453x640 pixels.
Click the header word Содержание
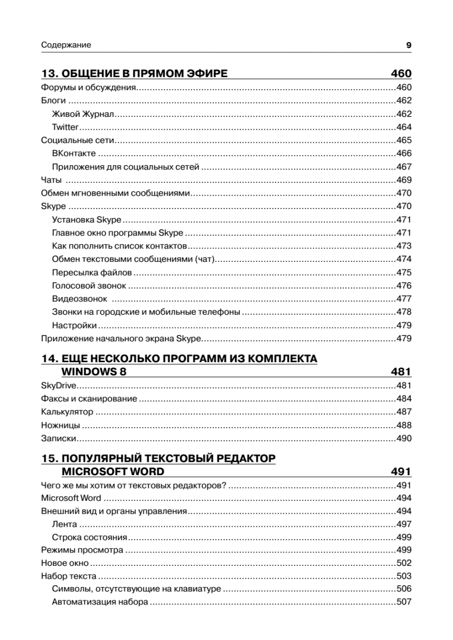[x=66, y=45]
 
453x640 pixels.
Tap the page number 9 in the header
[x=408, y=45]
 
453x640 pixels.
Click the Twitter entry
[x=66, y=127]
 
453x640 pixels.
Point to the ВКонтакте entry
[x=74, y=154]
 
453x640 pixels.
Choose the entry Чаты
[x=52, y=180]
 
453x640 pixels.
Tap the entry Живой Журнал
[x=84, y=114]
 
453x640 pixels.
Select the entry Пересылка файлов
[x=92, y=273]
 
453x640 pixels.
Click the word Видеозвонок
[x=80, y=299]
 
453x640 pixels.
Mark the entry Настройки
[x=74, y=325]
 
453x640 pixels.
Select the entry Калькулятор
[x=67, y=412]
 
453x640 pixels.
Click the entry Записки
[x=59, y=439]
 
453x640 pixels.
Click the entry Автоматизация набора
[x=100, y=603]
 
